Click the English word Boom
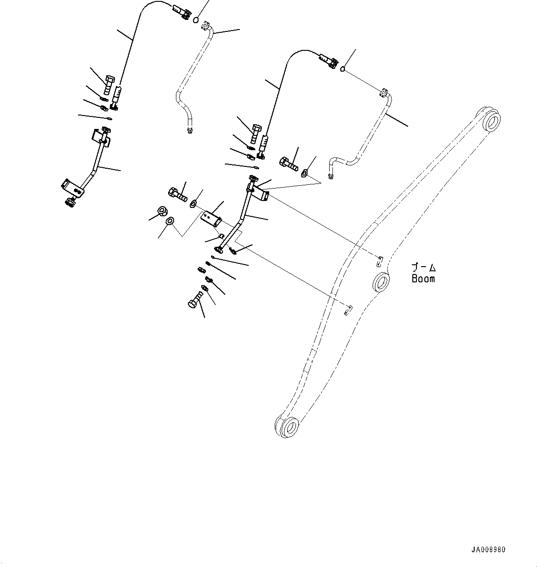pos(423,279)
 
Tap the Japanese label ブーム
pos(423,268)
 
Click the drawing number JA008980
pos(489,550)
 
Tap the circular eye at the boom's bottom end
pos(289,427)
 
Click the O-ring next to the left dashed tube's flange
pos(196,20)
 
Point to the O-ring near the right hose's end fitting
pos(343,69)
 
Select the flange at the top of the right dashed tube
pos(383,93)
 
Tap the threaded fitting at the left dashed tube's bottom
pos(189,132)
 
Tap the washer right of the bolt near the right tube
pos(305,174)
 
